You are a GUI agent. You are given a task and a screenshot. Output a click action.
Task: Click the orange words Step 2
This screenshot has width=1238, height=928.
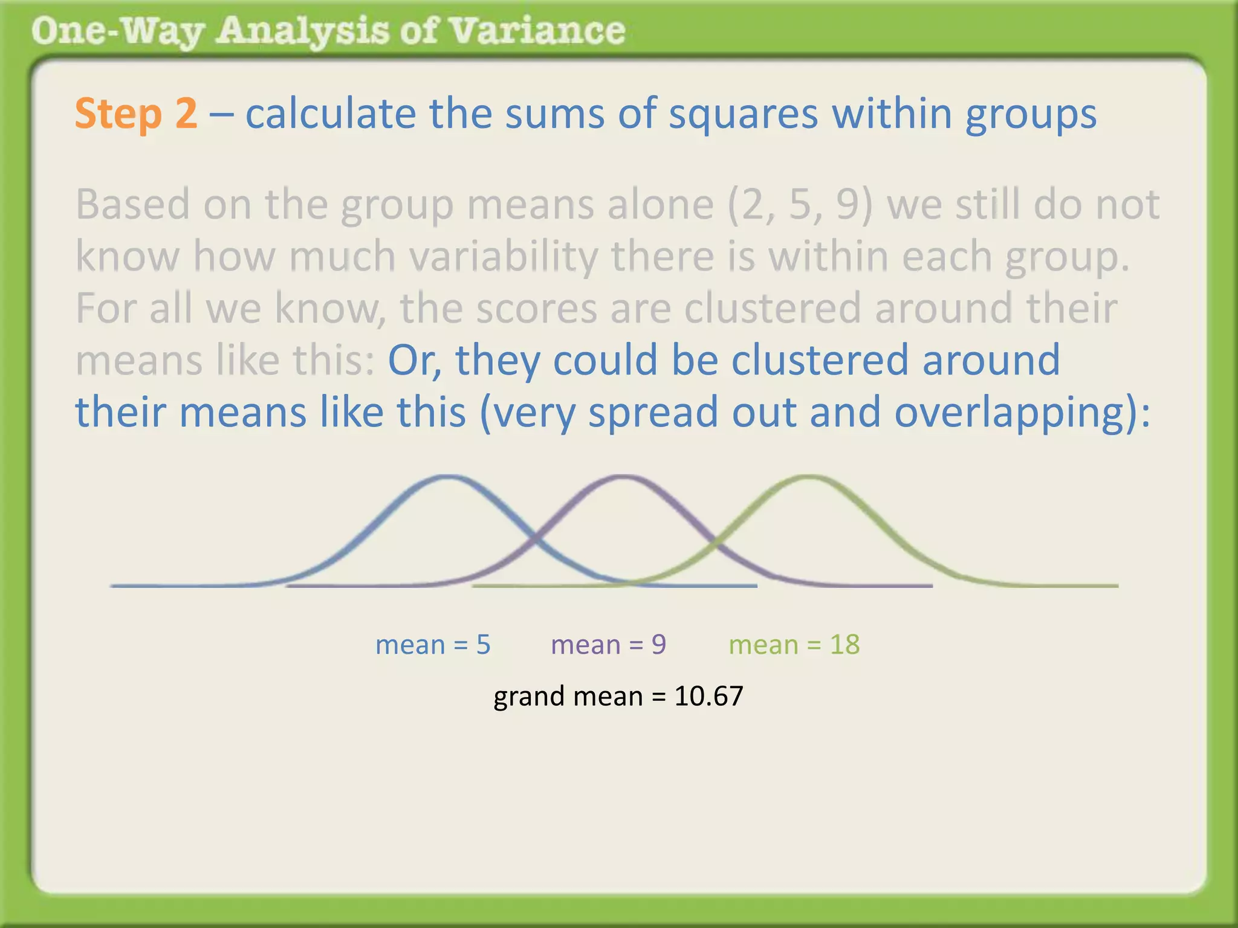click(x=136, y=114)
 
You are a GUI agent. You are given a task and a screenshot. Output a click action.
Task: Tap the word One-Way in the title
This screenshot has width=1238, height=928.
click(x=117, y=31)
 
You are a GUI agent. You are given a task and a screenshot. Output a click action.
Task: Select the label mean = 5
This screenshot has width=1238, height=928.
click(x=433, y=645)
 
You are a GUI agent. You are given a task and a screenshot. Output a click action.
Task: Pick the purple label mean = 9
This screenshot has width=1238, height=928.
click(x=608, y=645)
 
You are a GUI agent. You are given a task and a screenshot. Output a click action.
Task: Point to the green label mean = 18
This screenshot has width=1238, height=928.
click(x=794, y=645)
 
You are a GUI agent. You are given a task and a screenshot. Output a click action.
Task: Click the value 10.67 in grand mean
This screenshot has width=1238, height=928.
click(x=708, y=696)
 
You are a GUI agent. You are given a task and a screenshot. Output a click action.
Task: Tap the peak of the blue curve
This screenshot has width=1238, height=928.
click(x=447, y=478)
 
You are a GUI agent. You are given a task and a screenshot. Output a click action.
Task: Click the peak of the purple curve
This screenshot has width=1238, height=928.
click(x=623, y=478)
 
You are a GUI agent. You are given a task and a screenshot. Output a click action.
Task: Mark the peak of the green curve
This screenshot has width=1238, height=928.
click(x=809, y=478)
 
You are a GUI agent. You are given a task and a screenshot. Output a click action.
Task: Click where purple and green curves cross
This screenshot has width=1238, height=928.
click(x=716, y=541)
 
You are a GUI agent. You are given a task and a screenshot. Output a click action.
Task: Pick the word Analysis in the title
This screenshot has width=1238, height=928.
click(x=302, y=31)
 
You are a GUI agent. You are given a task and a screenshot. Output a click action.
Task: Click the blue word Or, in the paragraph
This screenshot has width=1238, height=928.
click(x=414, y=360)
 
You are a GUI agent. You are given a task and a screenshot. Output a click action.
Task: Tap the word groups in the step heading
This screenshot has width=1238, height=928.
click(x=1030, y=114)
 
